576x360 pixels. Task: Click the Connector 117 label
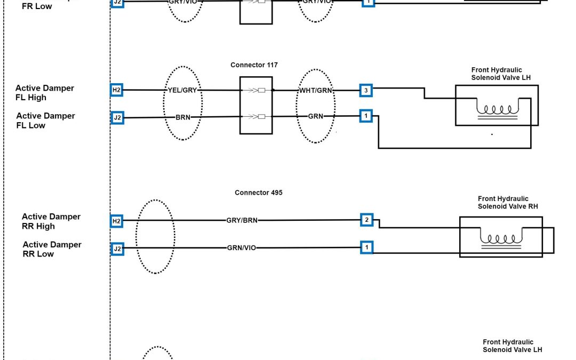tap(254, 65)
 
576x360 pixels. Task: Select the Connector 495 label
tap(258, 193)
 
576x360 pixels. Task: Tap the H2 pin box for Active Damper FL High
tap(117, 90)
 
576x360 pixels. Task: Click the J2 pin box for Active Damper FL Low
tap(117, 116)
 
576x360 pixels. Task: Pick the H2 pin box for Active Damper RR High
tap(117, 220)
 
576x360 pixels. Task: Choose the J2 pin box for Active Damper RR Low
tap(117, 248)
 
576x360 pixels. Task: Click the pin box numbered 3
tap(366, 90)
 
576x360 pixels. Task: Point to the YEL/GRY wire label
tap(182, 90)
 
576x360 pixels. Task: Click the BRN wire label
tap(183, 116)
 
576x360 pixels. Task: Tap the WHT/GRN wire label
tap(315, 90)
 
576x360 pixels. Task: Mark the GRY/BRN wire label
tap(242, 220)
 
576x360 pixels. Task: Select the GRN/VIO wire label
tap(242, 247)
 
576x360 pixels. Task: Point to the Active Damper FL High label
tap(45, 93)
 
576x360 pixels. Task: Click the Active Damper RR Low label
tap(52, 249)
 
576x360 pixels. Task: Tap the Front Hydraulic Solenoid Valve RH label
tap(503, 202)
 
